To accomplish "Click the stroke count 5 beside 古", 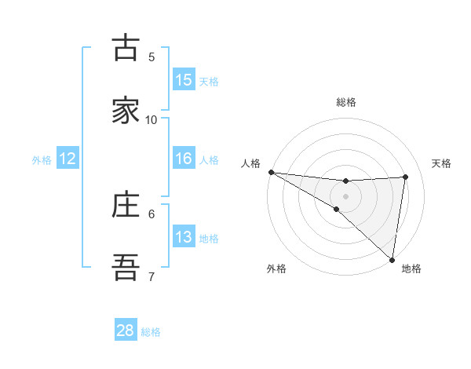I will [x=152, y=57].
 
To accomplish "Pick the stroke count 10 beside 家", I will [x=152, y=119].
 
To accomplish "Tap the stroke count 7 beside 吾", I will [x=152, y=276].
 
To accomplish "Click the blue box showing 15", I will [x=184, y=80].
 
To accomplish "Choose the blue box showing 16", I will [x=184, y=159].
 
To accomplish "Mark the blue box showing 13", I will [x=184, y=237].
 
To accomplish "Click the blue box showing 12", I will [x=68, y=159].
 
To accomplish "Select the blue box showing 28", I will [x=126, y=331].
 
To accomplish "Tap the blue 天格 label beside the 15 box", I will [x=209, y=82].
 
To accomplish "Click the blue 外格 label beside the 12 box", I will [x=42, y=160].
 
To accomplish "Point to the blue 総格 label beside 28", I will [x=151, y=332].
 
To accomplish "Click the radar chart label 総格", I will [x=346, y=102].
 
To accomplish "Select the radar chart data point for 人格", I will [x=271, y=172].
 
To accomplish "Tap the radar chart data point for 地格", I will [x=392, y=259].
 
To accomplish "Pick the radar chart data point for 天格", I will [x=406, y=177].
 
